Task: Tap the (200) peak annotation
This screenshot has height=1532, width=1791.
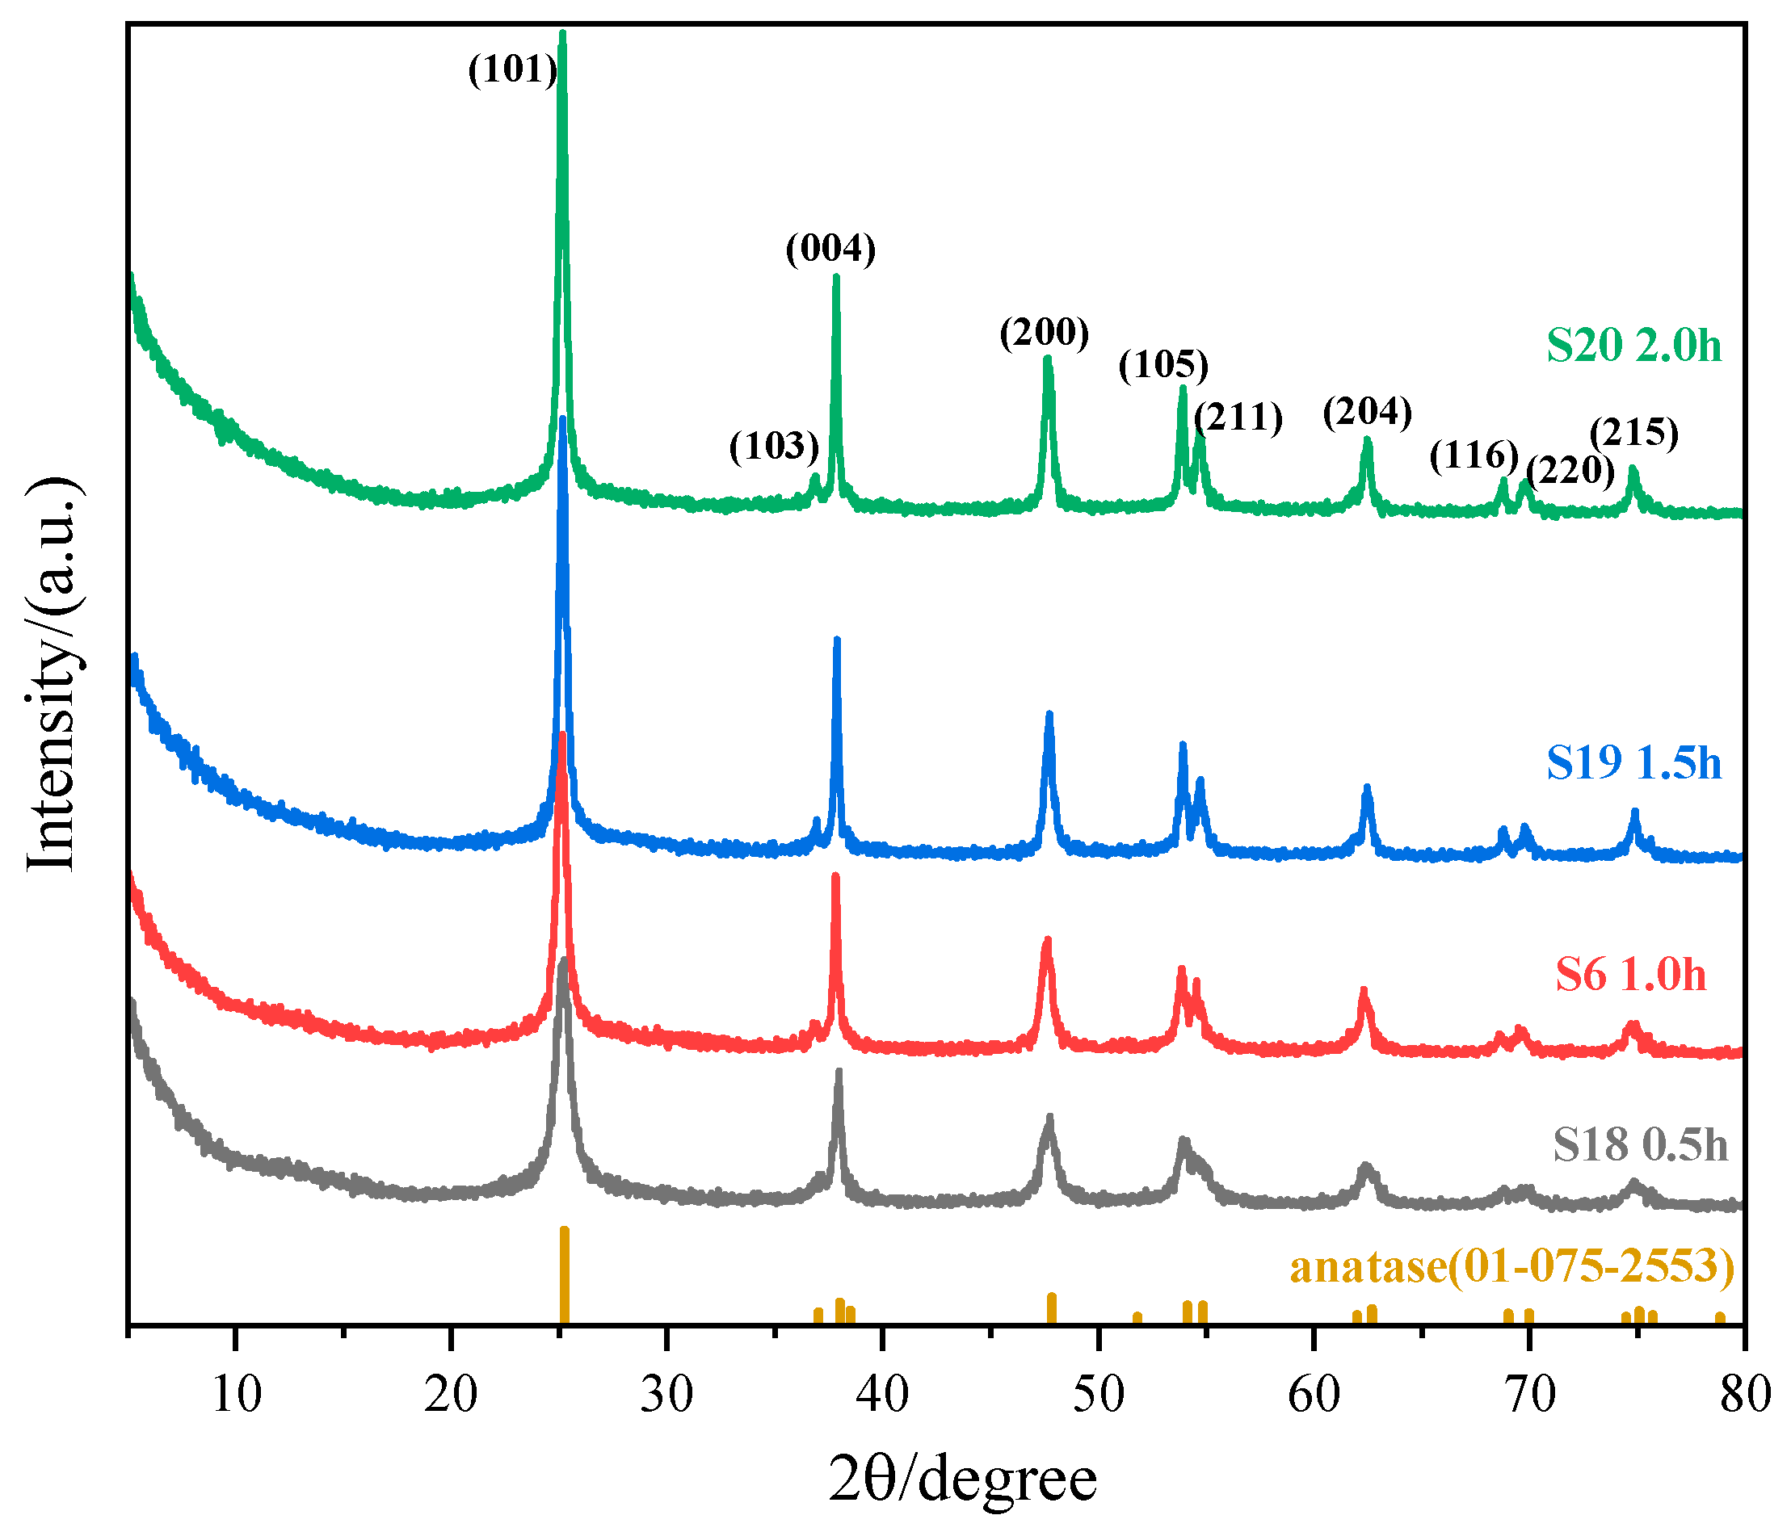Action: pyautogui.click(x=1045, y=332)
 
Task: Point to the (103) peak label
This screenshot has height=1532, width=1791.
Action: pyautogui.click(x=774, y=446)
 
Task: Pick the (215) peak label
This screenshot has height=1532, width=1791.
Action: pyautogui.click(x=1634, y=432)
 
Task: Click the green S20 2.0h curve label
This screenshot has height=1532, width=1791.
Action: pyautogui.click(x=1633, y=346)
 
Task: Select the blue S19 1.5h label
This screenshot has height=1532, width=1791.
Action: pyautogui.click(x=1633, y=763)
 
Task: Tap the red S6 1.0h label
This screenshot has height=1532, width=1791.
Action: pyautogui.click(x=1631, y=975)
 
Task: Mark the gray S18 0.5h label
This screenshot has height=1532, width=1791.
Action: pyautogui.click(x=1640, y=1146)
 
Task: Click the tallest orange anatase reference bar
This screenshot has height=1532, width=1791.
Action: pyautogui.click(x=565, y=1274)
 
